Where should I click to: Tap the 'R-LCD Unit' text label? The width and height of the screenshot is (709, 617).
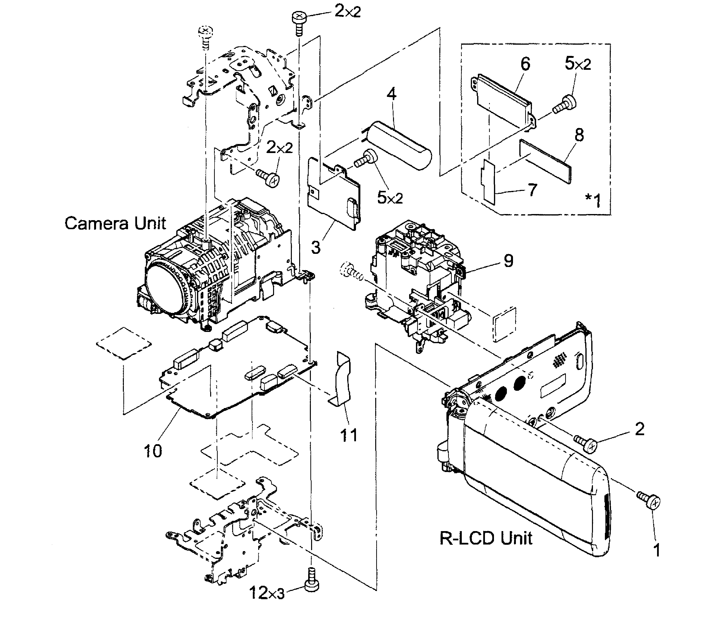tap(486, 538)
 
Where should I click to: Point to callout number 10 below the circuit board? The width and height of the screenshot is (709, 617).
tap(153, 451)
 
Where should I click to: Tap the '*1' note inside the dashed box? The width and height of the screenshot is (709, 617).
tap(593, 200)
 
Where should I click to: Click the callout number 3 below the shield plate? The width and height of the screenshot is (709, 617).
tap(315, 247)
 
